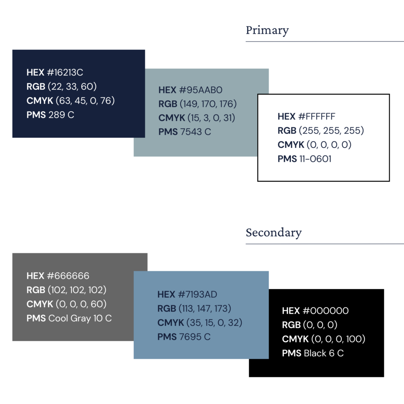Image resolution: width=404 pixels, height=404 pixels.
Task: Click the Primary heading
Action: [x=267, y=30]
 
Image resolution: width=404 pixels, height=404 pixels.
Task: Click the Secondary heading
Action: [x=274, y=233]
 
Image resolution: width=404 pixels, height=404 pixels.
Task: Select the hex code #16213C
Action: [x=65, y=73]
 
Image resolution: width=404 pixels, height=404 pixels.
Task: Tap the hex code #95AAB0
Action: [x=200, y=90]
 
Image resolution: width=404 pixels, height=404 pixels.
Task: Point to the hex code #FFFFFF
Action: [x=317, y=116]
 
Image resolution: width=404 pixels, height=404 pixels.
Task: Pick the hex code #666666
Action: [x=68, y=276]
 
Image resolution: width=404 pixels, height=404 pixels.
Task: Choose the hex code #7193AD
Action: [x=197, y=294]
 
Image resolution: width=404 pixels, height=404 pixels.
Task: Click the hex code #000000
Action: [x=325, y=311]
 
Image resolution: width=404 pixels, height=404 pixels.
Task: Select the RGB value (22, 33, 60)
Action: [x=72, y=86]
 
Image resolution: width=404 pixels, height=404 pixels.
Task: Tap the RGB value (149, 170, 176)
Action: [x=208, y=104]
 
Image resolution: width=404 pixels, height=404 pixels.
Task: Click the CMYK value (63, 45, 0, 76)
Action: [x=85, y=101]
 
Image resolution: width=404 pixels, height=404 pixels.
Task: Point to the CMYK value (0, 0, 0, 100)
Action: [x=338, y=339]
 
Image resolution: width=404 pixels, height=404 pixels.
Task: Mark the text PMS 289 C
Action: [x=50, y=115]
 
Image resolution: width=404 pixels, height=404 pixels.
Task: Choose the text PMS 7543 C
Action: [x=185, y=132]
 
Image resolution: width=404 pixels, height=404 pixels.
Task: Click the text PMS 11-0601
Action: [x=304, y=159]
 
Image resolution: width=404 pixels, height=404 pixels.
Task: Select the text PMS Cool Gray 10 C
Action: [x=69, y=318]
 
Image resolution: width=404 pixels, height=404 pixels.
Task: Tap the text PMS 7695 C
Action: [x=184, y=337]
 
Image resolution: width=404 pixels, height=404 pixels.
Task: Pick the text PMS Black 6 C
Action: [x=313, y=353]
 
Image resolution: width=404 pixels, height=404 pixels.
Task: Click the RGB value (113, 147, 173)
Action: [x=205, y=309]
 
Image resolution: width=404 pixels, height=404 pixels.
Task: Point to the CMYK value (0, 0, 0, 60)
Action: [x=81, y=304]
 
